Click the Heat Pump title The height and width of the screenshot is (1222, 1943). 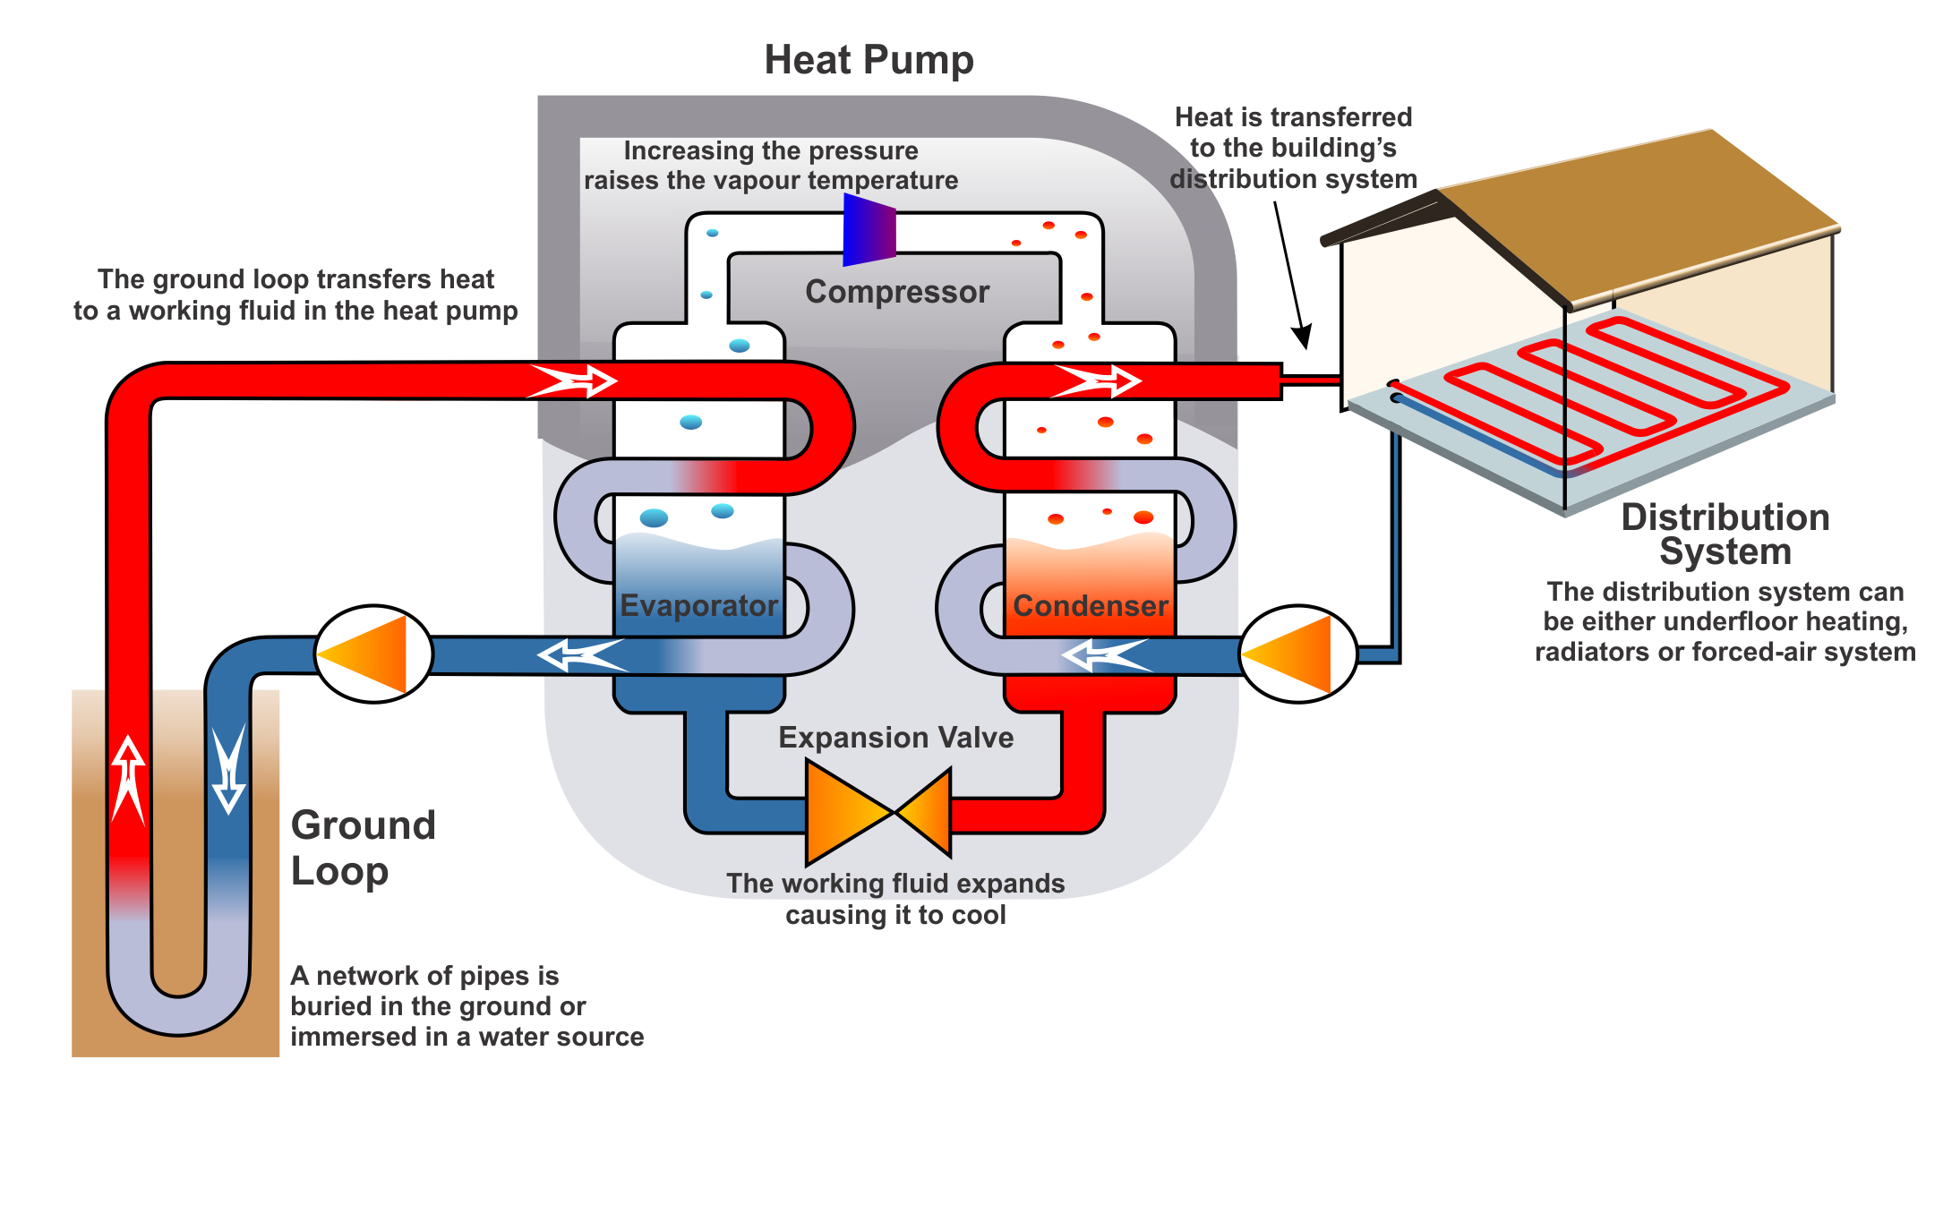click(869, 61)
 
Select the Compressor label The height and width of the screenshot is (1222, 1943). click(897, 292)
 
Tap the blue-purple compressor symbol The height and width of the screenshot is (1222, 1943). click(869, 231)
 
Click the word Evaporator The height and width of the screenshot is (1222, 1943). click(699, 606)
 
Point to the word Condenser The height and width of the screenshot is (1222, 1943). click(1091, 606)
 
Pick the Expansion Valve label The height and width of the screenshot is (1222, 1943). click(895, 738)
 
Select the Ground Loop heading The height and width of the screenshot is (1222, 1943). click(363, 847)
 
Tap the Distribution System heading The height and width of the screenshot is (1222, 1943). click(1725, 534)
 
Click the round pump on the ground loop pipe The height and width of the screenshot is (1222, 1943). click(374, 654)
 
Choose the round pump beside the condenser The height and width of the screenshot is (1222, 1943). click(1298, 654)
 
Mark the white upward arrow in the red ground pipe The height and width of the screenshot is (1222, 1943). click(129, 779)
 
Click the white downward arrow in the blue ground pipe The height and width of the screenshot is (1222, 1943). click(228, 770)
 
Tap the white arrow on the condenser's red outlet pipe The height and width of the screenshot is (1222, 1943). click(1096, 380)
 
